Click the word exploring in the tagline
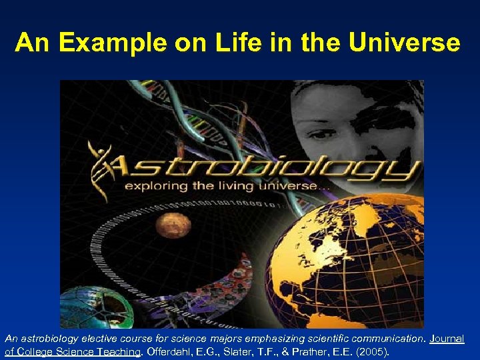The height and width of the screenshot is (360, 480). point(155,187)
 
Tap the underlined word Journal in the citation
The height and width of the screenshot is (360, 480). point(446,339)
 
